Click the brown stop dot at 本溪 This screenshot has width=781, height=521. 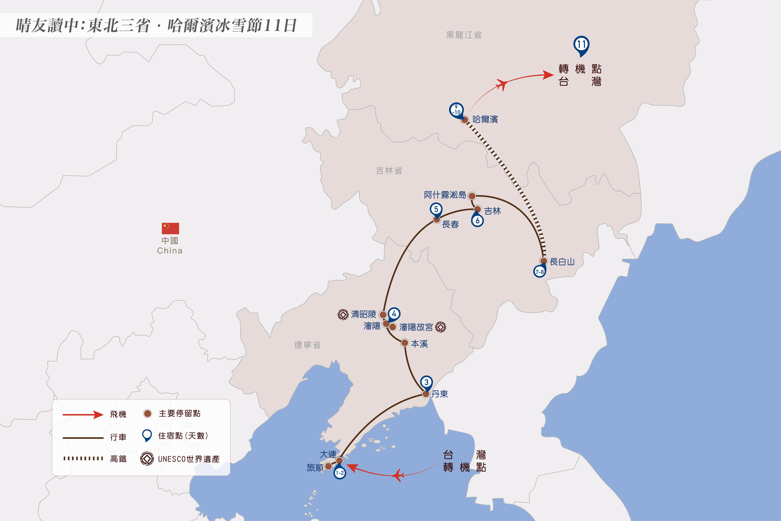[x=404, y=343]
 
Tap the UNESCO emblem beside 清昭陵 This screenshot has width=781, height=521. [x=343, y=314]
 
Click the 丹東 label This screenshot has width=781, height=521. [x=440, y=394]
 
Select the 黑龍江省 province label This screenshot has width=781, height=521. [x=464, y=35]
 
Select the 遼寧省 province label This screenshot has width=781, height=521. [x=307, y=345]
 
